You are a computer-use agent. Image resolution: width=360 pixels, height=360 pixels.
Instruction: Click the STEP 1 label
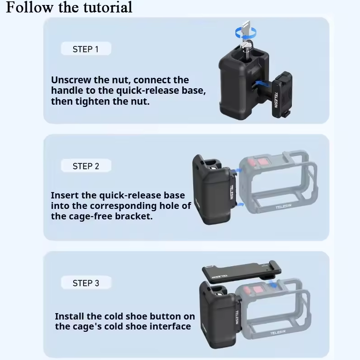86,49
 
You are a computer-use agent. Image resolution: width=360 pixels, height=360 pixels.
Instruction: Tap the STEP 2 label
86,166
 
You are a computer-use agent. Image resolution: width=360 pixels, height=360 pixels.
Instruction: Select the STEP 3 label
86,283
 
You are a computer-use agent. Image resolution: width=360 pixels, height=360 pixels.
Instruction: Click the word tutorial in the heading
108,7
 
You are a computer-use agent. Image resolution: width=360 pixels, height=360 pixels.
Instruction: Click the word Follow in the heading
29,7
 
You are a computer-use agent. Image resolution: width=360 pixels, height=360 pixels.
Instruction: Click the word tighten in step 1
93,101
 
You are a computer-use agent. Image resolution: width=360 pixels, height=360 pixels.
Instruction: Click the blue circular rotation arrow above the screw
245,33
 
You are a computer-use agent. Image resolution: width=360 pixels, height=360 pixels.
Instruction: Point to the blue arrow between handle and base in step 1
262,83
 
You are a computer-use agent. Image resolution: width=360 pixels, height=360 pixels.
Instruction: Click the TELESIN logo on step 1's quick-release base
276,100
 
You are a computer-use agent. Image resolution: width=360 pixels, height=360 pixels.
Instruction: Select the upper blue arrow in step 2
236,171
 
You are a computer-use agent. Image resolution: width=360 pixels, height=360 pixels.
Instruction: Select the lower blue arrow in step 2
239,204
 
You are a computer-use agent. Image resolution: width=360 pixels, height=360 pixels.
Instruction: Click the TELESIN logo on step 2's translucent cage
284,206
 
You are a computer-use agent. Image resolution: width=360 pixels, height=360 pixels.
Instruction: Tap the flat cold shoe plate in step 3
241,272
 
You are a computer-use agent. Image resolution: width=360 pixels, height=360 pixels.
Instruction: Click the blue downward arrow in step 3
273,284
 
